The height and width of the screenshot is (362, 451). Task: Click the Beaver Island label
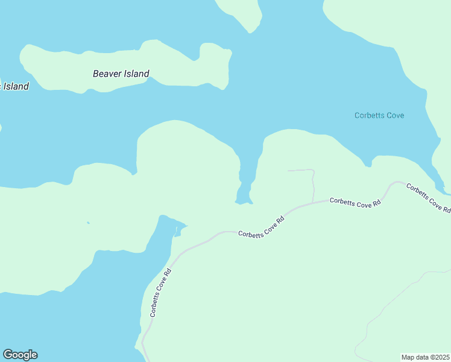[121, 74]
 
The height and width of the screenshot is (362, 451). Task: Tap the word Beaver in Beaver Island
[107, 74]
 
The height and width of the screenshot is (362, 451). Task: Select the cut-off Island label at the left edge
[14, 86]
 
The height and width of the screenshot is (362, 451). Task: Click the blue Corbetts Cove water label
[379, 115]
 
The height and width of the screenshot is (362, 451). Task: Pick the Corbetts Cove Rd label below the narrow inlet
[260, 226]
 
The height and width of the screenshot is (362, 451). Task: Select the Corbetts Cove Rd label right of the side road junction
[356, 203]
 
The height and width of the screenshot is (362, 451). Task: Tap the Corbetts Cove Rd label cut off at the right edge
[429, 197]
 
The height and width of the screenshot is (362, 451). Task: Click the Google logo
[20, 355]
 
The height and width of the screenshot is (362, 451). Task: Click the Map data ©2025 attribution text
[426, 357]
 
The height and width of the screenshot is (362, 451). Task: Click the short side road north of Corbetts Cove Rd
[312, 184]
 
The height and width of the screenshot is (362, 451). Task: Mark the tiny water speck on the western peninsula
[88, 223]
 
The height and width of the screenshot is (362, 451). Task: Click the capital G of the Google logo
[8, 355]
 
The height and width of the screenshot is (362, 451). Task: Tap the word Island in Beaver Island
[136, 74]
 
